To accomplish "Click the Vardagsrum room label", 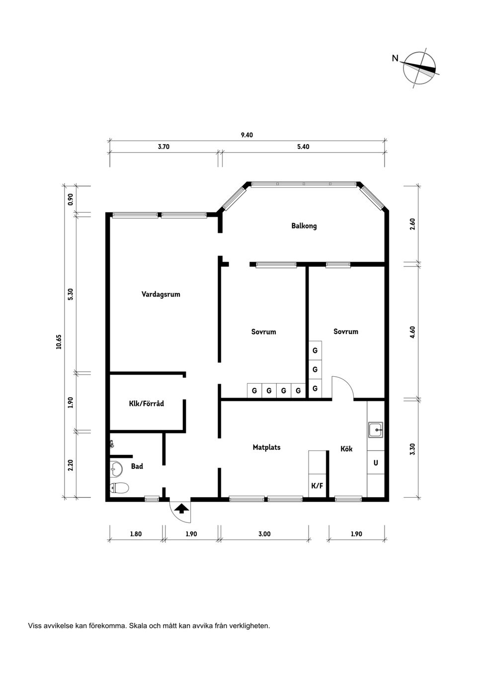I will coord(160,294).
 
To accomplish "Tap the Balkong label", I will coord(304,226).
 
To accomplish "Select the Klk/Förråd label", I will coord(146,404).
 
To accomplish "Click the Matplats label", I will coord(266,447).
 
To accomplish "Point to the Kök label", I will coord(346,448).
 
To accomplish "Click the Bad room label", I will coord(137,466).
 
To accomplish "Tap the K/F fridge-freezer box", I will coord(317,486).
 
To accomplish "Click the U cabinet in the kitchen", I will coord(376,463).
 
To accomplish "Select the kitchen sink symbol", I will coord(376,430).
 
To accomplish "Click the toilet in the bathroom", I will coord(119,488).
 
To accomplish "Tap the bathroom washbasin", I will coord(116,468).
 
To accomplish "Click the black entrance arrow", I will coord(181,508).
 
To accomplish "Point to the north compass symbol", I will coord(420,69).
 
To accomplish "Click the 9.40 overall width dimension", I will coord(247,135).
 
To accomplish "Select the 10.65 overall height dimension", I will coord(59,342).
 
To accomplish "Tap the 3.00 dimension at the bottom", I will coord(264,534).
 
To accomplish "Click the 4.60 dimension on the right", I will coord(412,332).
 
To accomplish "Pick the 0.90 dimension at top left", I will coord(71,199).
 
